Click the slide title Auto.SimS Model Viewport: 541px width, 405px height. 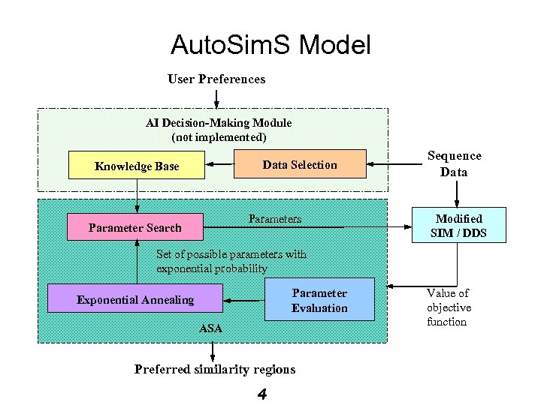pyautogui.click(x=270, y=46)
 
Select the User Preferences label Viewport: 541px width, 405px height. pyautogui.click(x=216, y=79)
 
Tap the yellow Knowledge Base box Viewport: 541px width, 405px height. pyautogui.click(x=136, y=166)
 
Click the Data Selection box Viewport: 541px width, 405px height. pyautogui.click(x=299, y=164)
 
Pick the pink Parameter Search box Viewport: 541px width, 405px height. pyautogui.click(x=134, y=227)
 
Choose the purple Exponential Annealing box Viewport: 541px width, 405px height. pyautogui.click(x=135, y=299)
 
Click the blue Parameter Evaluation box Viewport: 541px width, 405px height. pyautogui.click(x=319, y=300)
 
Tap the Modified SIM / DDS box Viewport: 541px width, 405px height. pyautogui.click(x=458, y=226)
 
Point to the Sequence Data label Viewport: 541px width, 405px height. pyautogui.click(x=454, y=163)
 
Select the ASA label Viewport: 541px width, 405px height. pyautogui.click(x=211, y=328)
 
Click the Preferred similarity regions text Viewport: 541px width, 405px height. pyautogui.click(x=215, y=369)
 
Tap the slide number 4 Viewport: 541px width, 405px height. pyautogui.click(x=261, y=394)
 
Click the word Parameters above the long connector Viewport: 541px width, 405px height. pyautogui.click(x=275, y=219)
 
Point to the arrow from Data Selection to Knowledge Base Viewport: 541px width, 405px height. pyautogui.click(x=219, y=164)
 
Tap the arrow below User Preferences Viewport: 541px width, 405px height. pyautogui.click(x=216, y=98)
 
